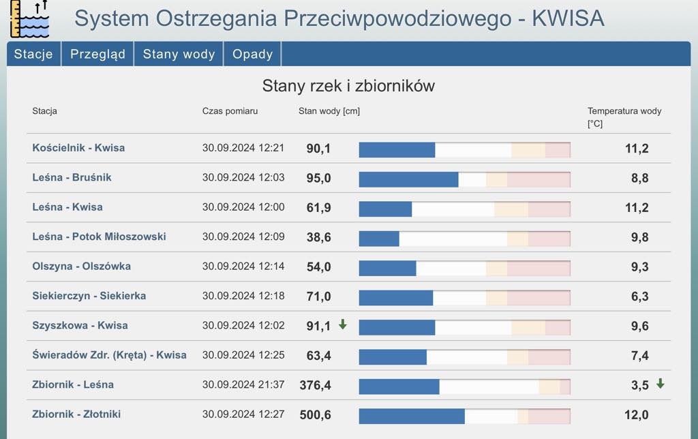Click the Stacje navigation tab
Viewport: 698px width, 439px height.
click(33, 55)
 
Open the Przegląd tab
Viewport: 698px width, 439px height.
click(97, 55)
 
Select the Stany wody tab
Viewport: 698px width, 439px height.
click(179, 55)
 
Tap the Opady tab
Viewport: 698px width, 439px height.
click(252, 55)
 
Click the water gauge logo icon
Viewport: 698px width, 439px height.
click(29, 19)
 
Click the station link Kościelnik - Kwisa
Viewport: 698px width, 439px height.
click(78, 148)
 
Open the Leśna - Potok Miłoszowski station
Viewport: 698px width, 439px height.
click(99, 237)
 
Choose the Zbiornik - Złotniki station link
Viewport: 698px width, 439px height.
click(76, 414)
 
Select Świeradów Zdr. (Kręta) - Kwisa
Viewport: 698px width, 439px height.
click(109, 355)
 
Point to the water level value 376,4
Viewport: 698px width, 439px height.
click(315, 386)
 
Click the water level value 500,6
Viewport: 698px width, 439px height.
click(315, 415)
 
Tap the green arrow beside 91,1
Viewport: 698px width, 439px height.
click(343, 324)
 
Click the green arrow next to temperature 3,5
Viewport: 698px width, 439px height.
click(660, 384)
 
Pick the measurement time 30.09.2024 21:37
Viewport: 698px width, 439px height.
click(243, 385)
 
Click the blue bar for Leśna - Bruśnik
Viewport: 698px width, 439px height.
click(408, 179)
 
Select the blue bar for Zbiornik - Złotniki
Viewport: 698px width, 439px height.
click(412, 416)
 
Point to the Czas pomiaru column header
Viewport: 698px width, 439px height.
click(230, 111)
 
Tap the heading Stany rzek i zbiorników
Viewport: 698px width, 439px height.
click(348, 86)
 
